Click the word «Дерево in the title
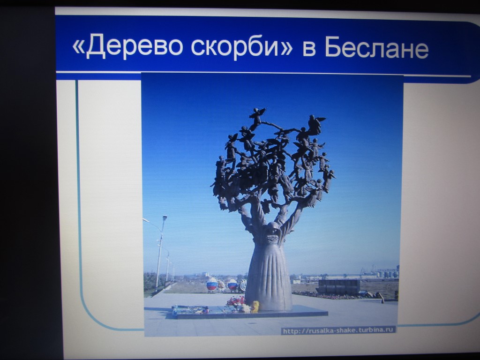click(127, 46)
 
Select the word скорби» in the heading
click(242, 46)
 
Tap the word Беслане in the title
click(376, 47)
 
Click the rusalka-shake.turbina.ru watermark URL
click(338, 330)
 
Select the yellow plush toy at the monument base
click(255, 307)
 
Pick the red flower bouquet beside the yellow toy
click(236, 301)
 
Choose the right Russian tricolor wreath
click(232, 285)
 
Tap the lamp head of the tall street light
click(165, 217)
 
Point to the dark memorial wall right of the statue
click(339, 287)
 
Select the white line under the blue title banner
click(263, 74)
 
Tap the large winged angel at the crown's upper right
click(315, 124)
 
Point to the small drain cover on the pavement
click(252, 323)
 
